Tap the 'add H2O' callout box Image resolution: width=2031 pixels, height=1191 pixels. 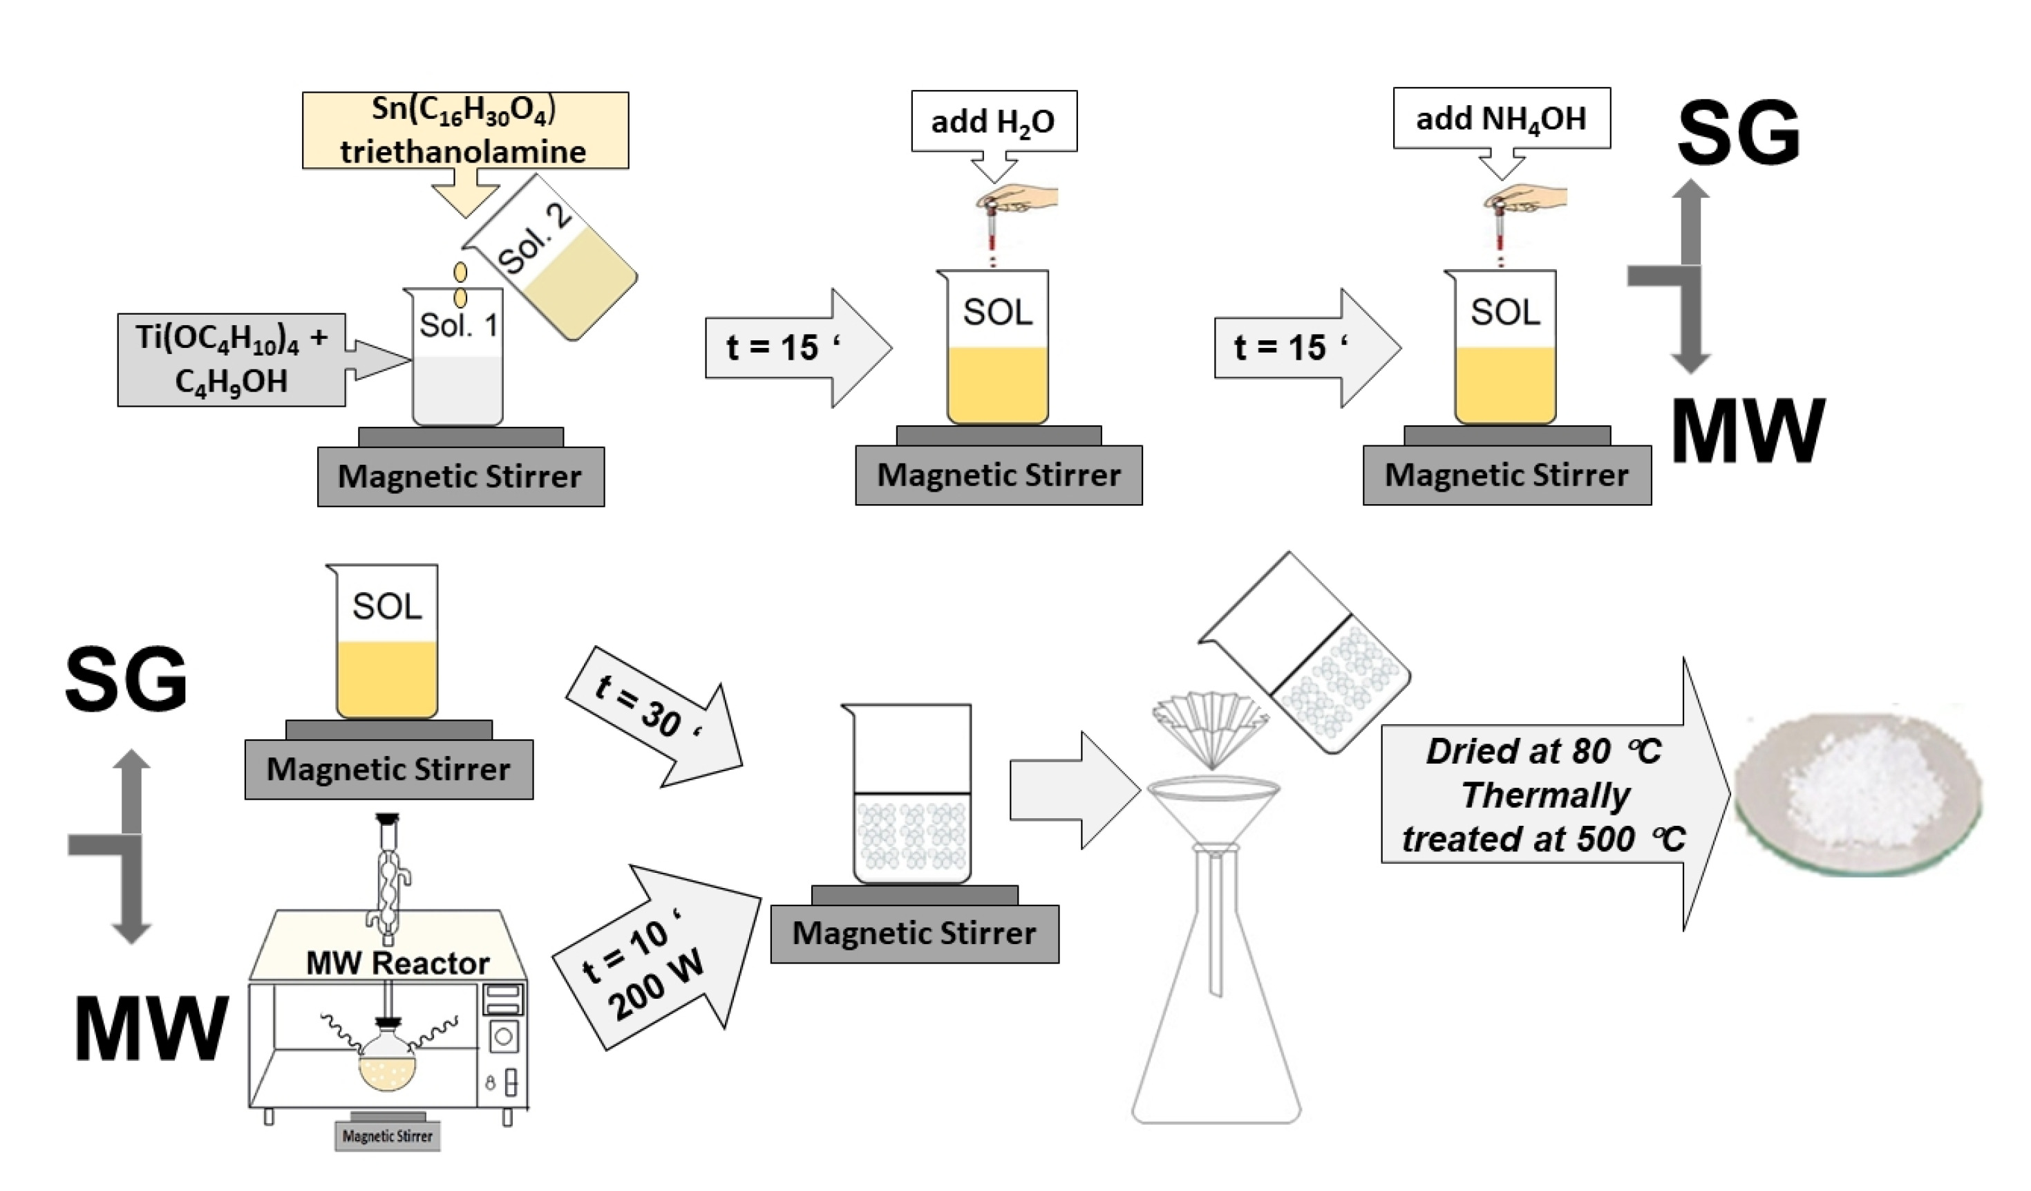(x=994, y=121)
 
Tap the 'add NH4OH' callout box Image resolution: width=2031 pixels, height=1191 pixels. (x=1502, y=118)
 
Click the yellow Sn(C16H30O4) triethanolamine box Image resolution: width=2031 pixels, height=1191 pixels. (x=465, y=130)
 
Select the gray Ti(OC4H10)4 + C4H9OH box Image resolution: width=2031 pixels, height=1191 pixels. (x=232, y=360)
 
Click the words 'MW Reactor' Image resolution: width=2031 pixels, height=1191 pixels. (x=397, y=963)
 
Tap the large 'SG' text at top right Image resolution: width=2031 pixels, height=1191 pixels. (x=1739, y=133)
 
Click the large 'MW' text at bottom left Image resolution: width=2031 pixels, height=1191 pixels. (x=151, y=1028)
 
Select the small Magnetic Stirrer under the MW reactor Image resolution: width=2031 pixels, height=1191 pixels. (x=388, y=1136)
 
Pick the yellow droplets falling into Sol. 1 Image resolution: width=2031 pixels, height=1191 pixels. (x=460, y=285)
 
